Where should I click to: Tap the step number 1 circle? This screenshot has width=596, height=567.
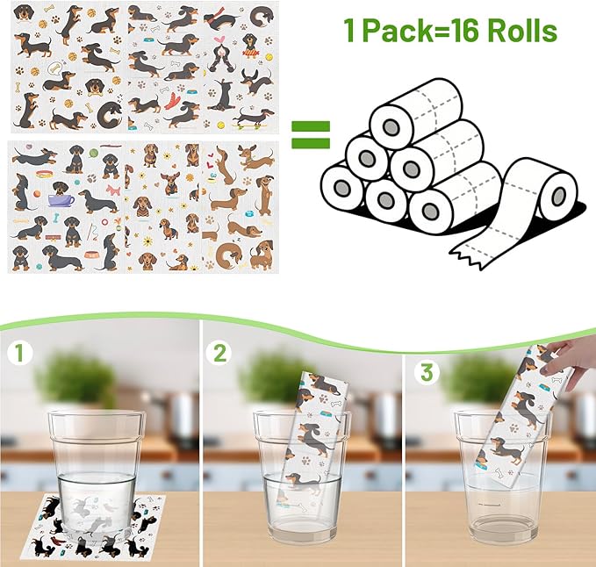19,355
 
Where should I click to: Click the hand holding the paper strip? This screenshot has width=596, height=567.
575,360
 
